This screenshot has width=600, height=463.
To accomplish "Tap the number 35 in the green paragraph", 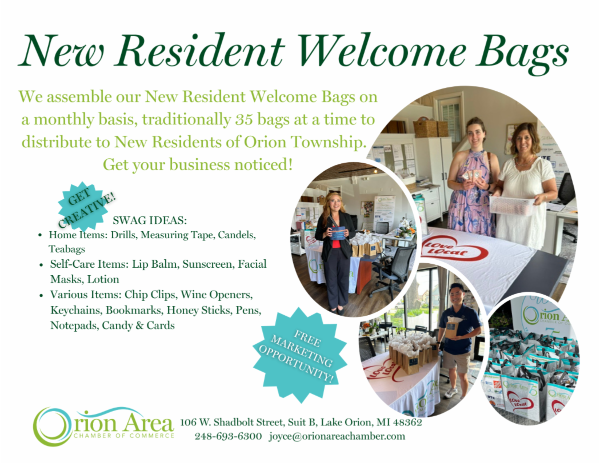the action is click(244, 120).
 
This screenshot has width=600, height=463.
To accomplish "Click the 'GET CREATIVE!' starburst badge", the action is click(83, 206).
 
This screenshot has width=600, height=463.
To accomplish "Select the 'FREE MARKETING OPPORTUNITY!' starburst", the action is click(299, 355).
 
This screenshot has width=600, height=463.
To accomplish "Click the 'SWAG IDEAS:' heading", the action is click(149, 220).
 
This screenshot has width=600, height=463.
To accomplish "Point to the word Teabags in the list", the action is click(67, 249).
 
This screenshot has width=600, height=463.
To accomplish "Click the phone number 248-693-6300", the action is click(228, 436).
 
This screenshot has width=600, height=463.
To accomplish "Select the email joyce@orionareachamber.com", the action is click(337, 436).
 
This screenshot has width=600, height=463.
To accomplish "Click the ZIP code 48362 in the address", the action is click(407, 422).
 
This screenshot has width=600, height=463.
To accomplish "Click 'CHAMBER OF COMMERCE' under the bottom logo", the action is click(124, 436).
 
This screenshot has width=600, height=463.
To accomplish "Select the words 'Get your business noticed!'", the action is click(197, 165).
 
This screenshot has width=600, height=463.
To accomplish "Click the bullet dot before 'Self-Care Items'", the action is click(41, 265).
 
